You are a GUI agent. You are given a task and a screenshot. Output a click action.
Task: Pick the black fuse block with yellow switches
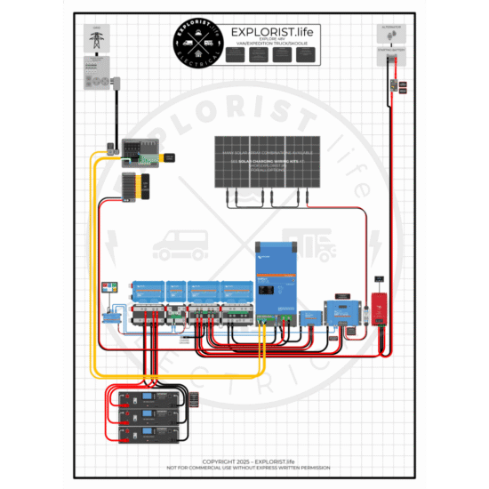(135, 186)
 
